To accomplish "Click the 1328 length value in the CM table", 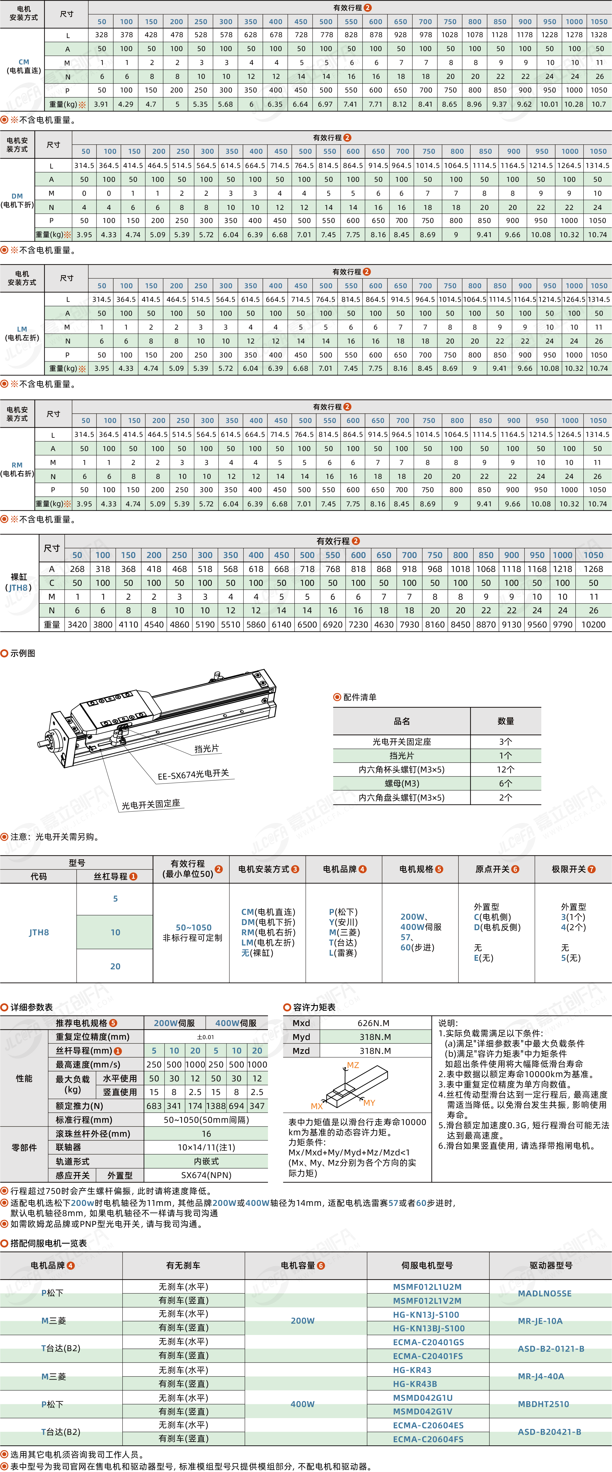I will (599, 35).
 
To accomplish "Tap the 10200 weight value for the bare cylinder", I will (593, 625).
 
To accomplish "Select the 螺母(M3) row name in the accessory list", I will (401, 784).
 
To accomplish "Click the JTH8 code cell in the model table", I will (39, 932).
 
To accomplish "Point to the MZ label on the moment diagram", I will (353, 1065).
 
